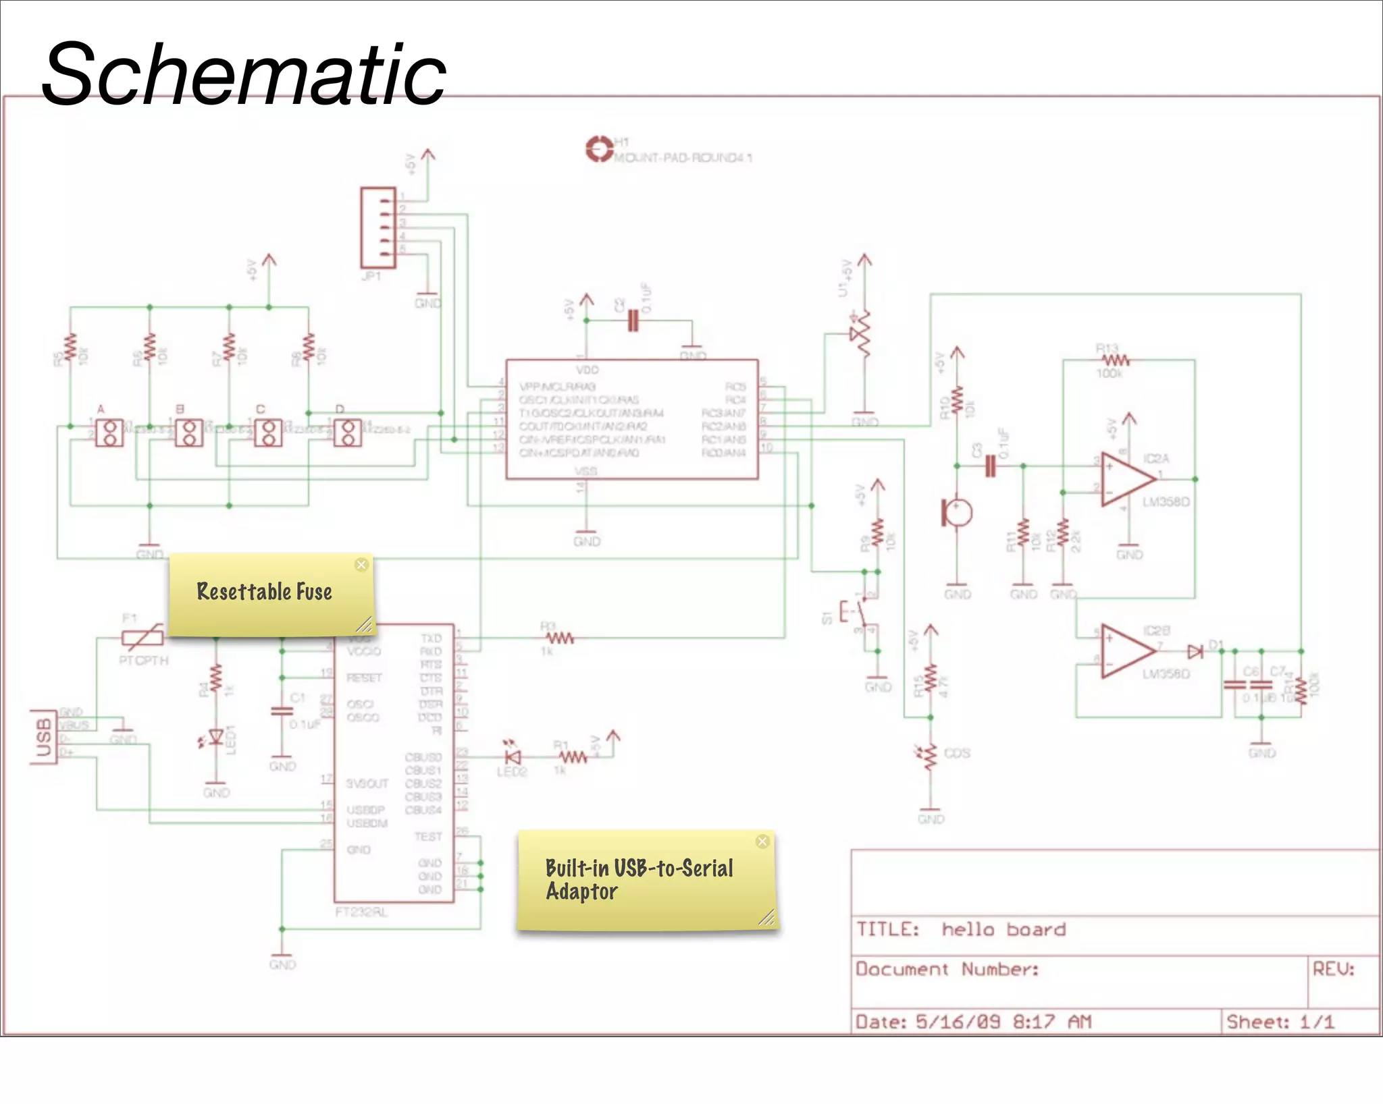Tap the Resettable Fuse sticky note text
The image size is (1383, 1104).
point(264,592)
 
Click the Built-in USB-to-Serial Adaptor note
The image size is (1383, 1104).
point(639,879)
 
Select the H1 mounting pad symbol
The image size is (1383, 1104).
point(598,149)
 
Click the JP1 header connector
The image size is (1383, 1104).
point(377,228)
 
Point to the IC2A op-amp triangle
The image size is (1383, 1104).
point(1126,479)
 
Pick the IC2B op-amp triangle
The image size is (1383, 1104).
point(1126,651)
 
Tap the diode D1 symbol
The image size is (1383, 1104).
point(1195,651)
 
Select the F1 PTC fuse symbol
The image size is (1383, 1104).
point(142,636)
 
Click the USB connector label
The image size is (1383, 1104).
point(43,738)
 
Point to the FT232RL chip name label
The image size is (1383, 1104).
point(361,912)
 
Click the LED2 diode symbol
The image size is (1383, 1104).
point(513,757)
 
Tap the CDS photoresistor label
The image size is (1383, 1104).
point(957,753)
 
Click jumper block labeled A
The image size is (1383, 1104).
point(109,433)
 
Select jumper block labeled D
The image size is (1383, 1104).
point(348,433)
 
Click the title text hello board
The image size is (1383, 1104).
point(1003,929)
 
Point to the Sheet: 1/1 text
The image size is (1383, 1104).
point(1280,1022)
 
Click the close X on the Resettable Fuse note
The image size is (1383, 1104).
point(361,565)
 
